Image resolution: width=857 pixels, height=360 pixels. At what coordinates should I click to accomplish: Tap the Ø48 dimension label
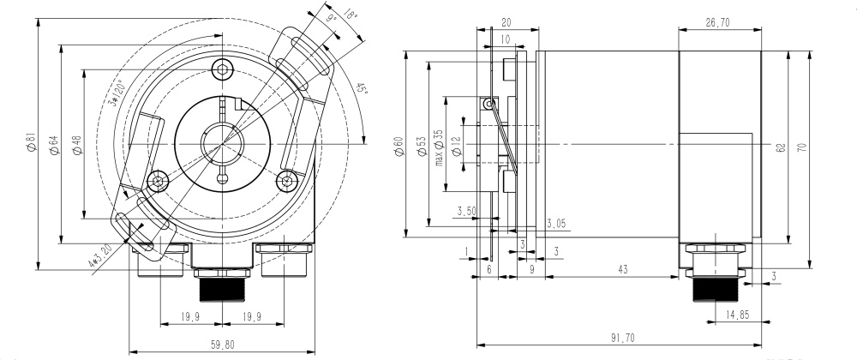76,146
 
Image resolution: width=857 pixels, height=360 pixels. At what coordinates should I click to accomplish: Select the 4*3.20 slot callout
100,255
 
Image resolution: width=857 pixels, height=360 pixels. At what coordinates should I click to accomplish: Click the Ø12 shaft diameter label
456,147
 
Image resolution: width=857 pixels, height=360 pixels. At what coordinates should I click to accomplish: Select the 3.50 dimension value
467,211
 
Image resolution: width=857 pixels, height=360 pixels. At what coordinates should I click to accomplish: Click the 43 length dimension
623,270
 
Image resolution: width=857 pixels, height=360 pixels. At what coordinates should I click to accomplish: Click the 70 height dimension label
801,147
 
